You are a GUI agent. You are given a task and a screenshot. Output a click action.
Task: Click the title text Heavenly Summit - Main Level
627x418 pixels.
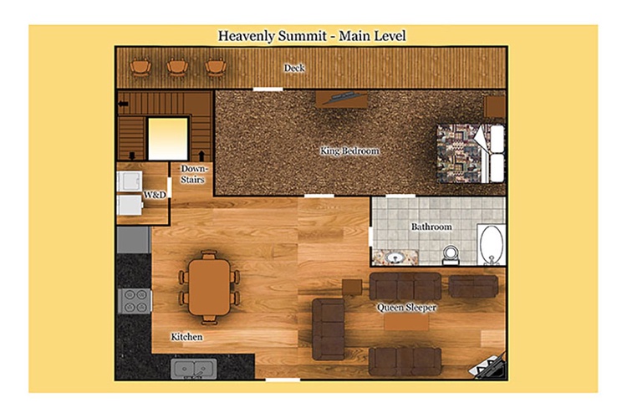[x=312, y=36]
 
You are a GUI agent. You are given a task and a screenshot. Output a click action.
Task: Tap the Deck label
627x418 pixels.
[x=294, y=68]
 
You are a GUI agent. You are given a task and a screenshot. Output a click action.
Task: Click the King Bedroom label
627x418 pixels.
[x=349, y=150]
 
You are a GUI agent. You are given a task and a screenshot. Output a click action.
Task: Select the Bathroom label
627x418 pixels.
[x=431, y=227]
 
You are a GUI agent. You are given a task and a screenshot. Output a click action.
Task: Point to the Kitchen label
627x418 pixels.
[x=186, y=337]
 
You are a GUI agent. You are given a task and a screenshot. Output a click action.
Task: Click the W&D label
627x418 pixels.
[x=155, y=195]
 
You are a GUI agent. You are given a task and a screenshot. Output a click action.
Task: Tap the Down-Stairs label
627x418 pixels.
[x=193, y=174]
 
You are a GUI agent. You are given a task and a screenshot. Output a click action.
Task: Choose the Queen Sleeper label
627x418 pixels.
[x=406, y=307]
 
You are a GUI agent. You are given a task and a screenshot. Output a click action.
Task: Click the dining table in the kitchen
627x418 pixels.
[x=209, y=288]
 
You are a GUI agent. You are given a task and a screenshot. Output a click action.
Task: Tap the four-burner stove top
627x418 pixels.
[x=135, y=301]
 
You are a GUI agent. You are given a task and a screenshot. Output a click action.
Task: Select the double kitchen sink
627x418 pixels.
[x=194, y=369]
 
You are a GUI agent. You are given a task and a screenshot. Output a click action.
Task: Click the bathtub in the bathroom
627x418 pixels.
[x=492, y=245]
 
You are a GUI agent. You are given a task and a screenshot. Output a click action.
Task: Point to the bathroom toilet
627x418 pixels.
[x=451, y=255]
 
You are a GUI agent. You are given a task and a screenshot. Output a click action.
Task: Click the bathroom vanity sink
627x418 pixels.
[x=395, y=257]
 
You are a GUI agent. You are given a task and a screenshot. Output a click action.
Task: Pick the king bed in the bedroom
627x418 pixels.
[x=471, y=153]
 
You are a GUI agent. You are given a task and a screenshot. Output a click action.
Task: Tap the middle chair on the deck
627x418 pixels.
[x=177, y=67]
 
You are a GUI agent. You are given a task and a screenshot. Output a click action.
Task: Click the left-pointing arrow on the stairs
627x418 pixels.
[x=123, y=104]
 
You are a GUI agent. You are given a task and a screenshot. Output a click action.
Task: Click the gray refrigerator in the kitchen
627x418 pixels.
[x=134, y=240]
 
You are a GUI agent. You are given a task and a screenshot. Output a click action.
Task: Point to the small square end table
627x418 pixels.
[x=352, y=288]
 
